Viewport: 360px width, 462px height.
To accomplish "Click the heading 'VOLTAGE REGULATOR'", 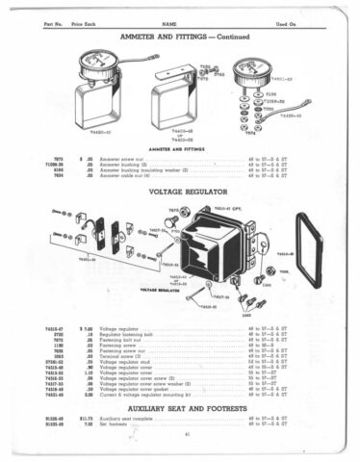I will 180,192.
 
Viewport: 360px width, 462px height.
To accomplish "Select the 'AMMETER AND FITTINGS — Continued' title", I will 180,35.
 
